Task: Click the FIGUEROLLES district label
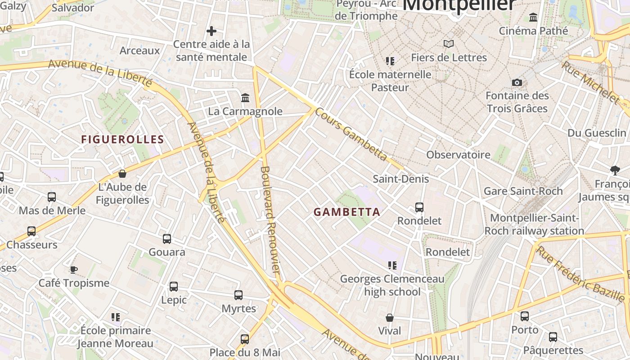(x=122, y=139)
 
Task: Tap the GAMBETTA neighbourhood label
(x=346, y=212)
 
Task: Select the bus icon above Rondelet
(x=419, y=207)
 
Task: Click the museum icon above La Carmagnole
(x=245, y=98)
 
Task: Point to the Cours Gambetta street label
(x=351, y=134)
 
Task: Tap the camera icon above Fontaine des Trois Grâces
(x=517, y=82)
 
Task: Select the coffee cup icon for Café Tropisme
(x=74, y=270)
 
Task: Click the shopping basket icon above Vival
(x=390, y=318)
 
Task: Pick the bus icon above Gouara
(x=167, y=239)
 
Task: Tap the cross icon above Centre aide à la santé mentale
(x=211, y=31)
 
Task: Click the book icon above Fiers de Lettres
(x=449, y=44)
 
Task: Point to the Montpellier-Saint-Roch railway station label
(x=534, y=225)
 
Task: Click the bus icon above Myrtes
(x=238, y=295)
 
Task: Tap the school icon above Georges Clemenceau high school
(x=392, y=265)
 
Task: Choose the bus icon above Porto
(x=525, y=316)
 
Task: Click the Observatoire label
(x=458, y=155)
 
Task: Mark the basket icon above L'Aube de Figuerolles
(x=122, y=174)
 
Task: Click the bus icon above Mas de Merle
(x=52, y=197)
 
